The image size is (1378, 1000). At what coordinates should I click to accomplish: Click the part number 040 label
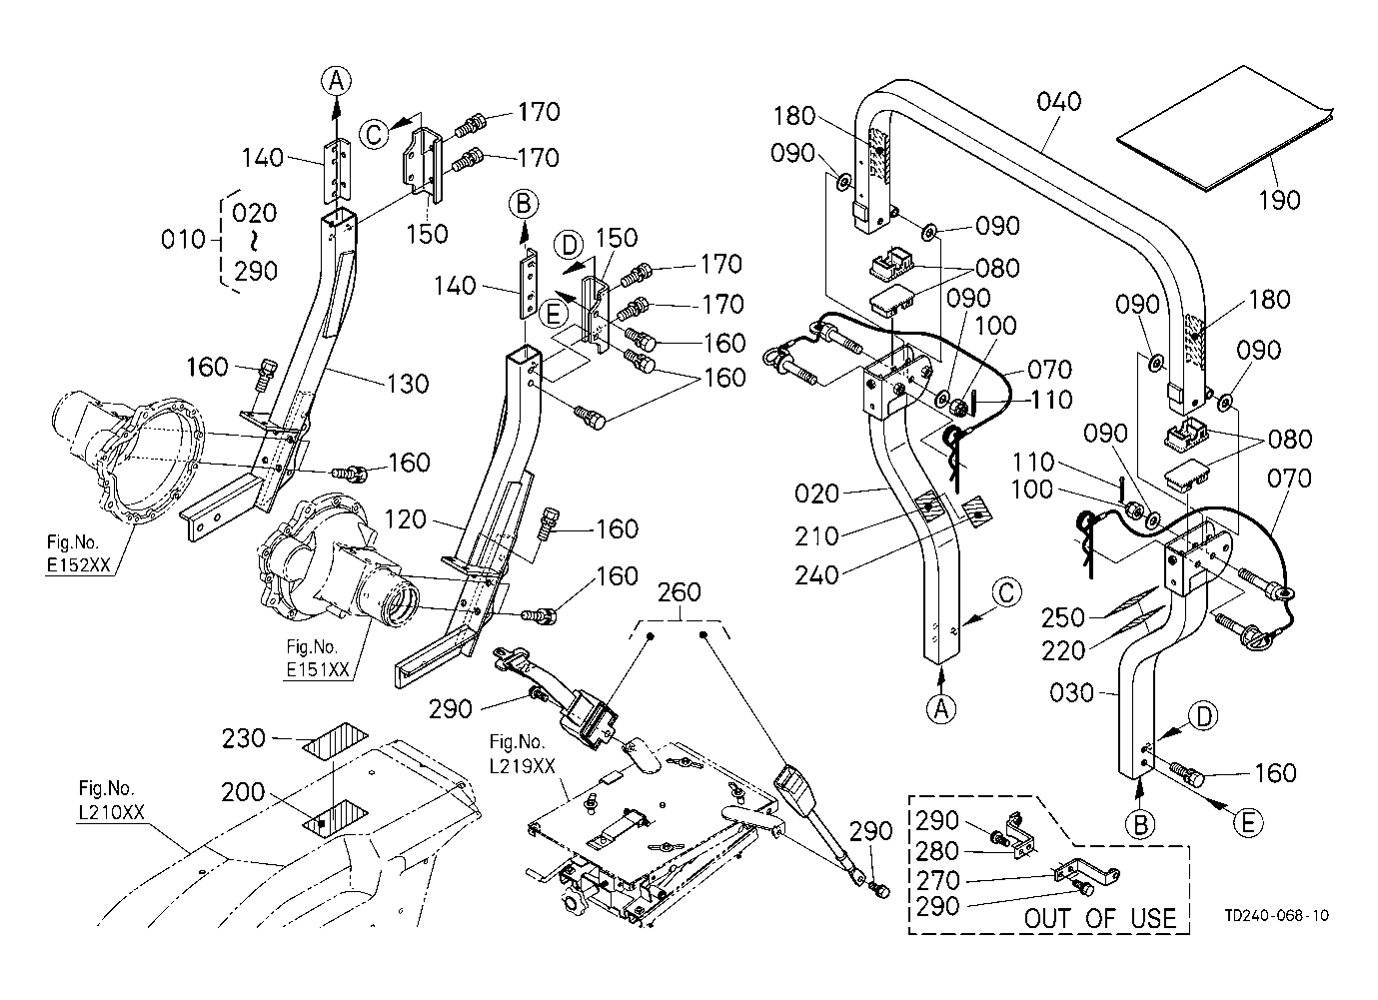pyautogui.click(x=1059, y=102)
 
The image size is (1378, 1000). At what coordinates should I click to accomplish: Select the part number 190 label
pyautogui.click(x=1280, y=200)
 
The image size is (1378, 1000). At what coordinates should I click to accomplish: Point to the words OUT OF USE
pyautogui.click(x=1101, y=918)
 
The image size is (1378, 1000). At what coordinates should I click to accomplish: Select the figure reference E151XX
pyautogui.click(x=317, y=669)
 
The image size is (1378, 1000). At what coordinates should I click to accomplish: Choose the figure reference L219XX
pyautogui.click(x=519, y=766)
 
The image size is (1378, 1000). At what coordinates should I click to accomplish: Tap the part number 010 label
pyautogui.click(x=181, y=241)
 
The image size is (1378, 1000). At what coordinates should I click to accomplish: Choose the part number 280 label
pyautogui.click(x=938, y=852)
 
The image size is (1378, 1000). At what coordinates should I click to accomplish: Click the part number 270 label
pyautogui.click(x=938, y=881)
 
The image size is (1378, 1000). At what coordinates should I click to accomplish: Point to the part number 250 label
pyautogui.click(x=1062, y=616)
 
